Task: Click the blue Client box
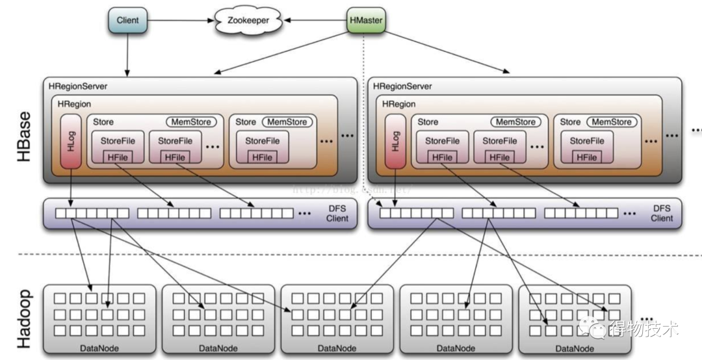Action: point(127,21)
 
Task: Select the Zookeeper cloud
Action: point(248,21)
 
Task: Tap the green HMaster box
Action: point(366,21)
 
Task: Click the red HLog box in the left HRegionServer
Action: point(71,141)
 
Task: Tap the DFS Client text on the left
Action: point(337,213)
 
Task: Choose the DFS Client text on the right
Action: point(662,213)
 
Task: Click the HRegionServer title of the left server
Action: point(77,86)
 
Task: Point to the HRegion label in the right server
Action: point(398,104)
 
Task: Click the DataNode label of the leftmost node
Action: point(99,348)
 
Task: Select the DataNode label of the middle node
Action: point(337,348)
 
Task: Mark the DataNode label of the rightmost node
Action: point(575,348)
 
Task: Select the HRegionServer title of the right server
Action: point(402,86)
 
